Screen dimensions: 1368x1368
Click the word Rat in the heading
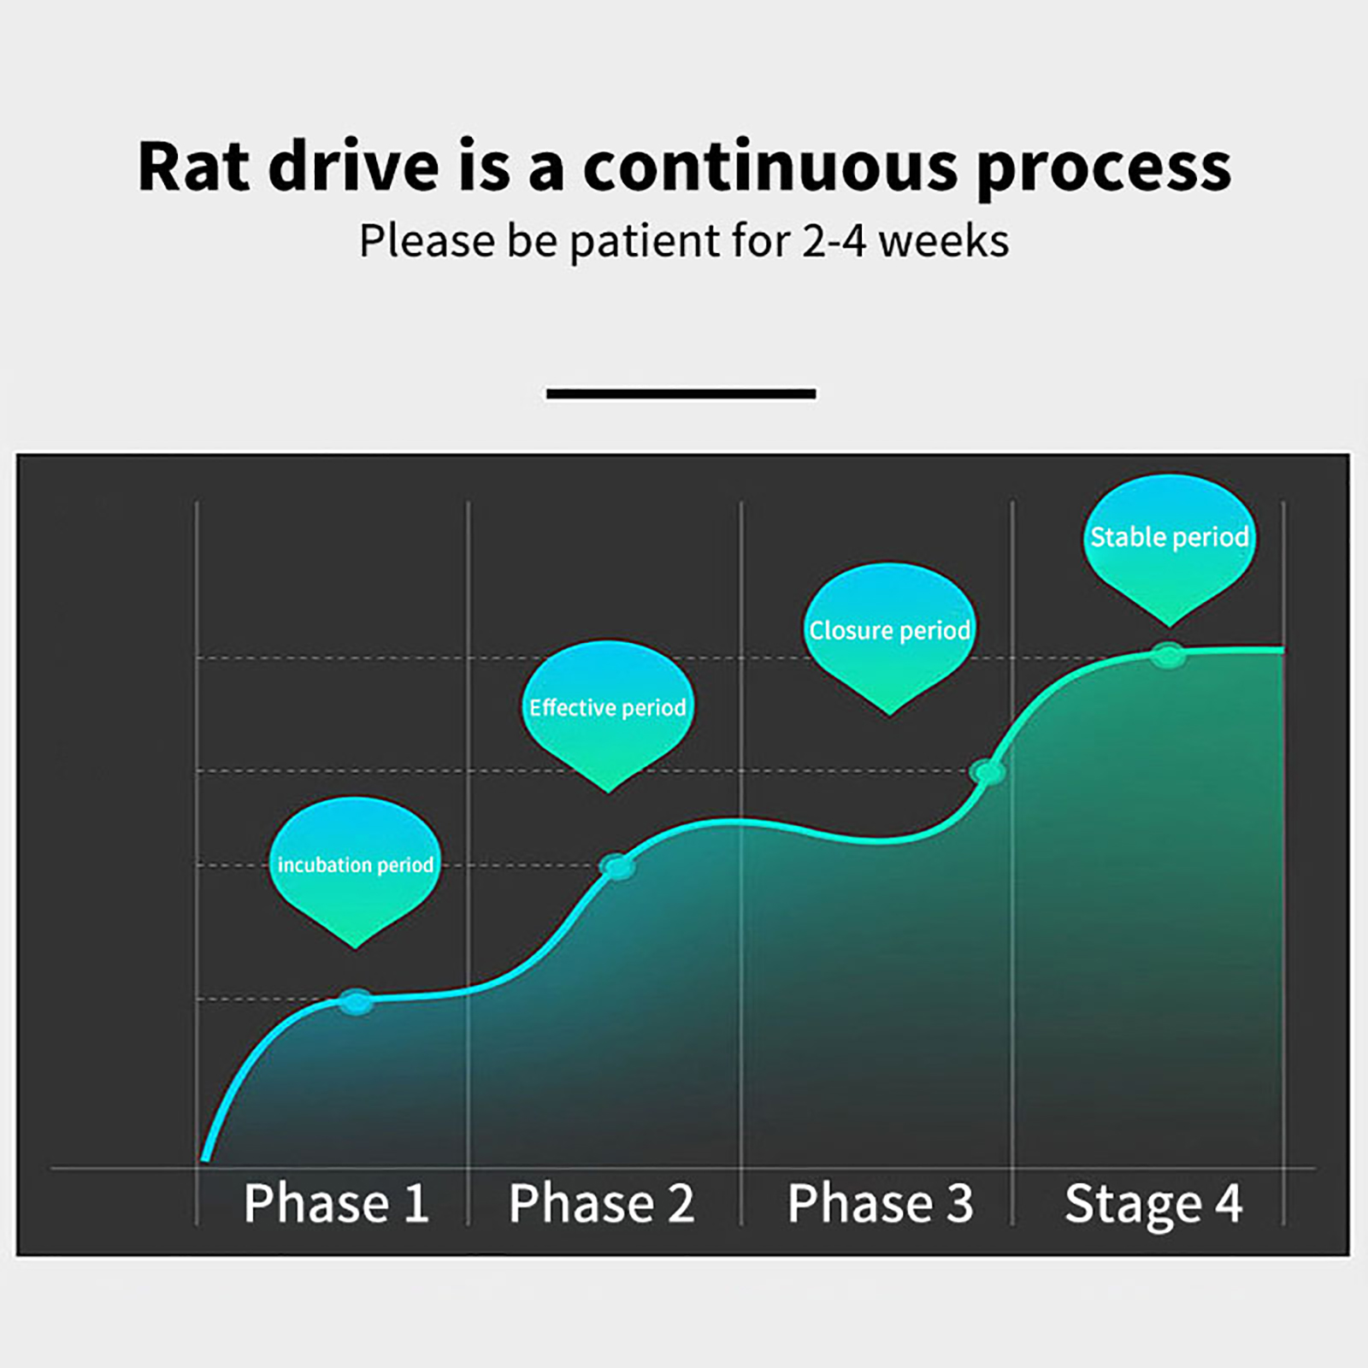194,166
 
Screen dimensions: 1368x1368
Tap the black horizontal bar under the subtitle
681,394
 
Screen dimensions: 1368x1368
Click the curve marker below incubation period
356,1001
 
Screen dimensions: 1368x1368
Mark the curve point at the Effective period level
617,867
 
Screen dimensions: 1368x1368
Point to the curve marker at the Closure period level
988,772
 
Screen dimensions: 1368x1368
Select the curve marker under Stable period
1168,656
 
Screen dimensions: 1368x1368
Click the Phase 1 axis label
336,1203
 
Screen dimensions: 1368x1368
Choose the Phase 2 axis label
602,1203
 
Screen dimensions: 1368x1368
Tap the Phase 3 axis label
881,1203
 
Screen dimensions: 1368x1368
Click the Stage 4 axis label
1153,1205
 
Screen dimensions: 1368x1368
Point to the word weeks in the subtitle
944,240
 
